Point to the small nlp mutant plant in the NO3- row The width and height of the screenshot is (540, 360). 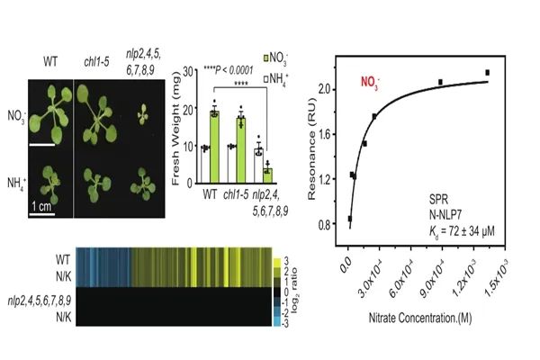coord(143,114)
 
